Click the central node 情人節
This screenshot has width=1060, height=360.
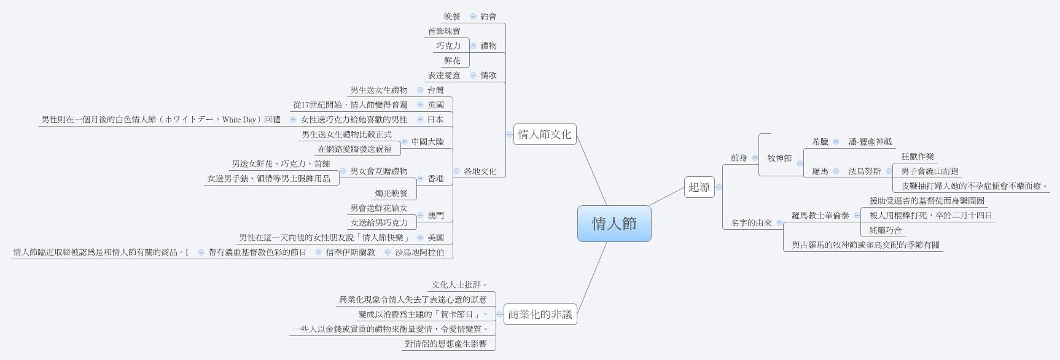(x=614, y=224)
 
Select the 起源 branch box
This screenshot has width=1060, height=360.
(x=699, y=187)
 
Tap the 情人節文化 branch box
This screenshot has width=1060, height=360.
(x=544, y=134)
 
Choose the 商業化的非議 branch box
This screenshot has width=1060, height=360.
(x=540, y=315)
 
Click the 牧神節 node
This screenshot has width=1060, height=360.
(x=779, y=158)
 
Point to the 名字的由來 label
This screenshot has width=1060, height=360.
(x=751, y=223)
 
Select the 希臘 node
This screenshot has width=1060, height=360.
(x=820, y=142)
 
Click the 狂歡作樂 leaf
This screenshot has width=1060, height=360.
(x=918, y=157)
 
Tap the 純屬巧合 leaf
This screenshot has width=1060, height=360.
(x=886, y=230)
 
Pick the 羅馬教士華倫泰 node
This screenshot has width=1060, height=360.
(x=820, y=216)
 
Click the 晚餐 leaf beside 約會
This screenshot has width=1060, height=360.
(x=452, y=17)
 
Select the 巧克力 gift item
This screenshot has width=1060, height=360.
(x=448, y=46)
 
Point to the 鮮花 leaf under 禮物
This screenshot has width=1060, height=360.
(x=452, y=61)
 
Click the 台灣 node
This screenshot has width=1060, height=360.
(x=435, y=90)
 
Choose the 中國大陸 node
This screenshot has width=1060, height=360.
(x=427, y=142)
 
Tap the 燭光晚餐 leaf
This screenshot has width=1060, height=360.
(x=391, y=194)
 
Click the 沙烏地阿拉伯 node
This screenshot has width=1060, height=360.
(x=419, y=252)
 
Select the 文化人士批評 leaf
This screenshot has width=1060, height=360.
(x=459, y=285)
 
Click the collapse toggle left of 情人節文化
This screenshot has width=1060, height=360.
(x=510, y=134)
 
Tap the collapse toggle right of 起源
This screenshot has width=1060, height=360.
(x=719, y=187)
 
